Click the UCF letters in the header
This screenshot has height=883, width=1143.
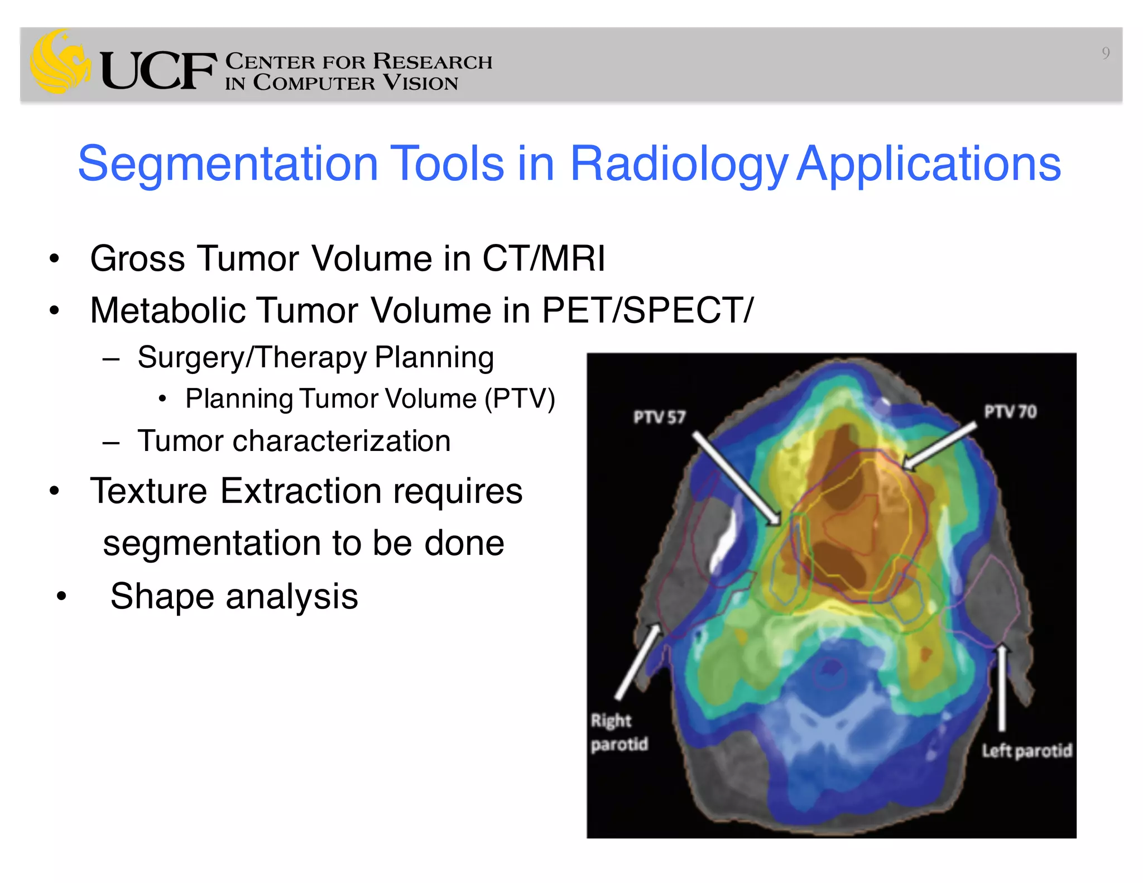(x=159, y=71)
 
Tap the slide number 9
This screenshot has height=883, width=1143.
(x=1105, y=54)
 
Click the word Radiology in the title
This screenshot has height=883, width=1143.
(x=678, y=165)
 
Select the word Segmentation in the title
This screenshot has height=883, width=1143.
(x=228, y=165)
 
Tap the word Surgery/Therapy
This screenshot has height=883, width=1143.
(x=252, y=358)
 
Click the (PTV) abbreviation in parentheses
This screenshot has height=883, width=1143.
(x=520, y=399)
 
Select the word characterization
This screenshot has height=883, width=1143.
(x=342, y=441)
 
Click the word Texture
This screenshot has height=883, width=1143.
(x=148, y=491)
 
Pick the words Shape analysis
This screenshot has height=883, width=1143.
(x=234, y=596)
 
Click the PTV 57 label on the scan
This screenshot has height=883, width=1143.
(x=659, y=417)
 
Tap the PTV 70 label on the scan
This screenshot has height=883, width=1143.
(x=1010, y=412)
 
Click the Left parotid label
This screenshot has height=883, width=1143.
(x=1027, y=751)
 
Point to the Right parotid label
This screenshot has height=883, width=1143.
(x=618, y=732)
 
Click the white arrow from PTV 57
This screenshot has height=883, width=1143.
(x=737, y=479)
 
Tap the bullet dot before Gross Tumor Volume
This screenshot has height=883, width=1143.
(x=54, y=259)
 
